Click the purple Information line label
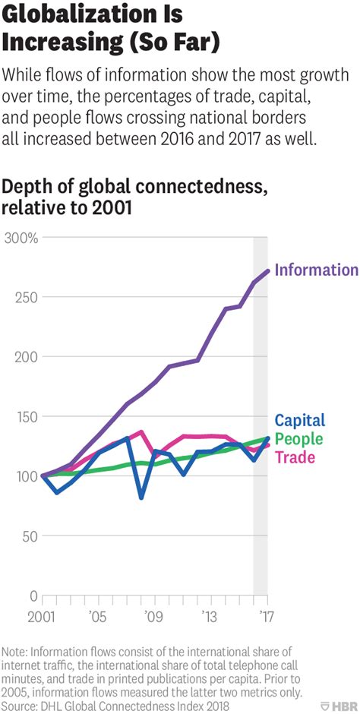tap(316, 270)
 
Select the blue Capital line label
tap(299, 420)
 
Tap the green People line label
tap(298, 439)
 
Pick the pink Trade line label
tap(294, 457)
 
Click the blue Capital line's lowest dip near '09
tap(141, 498)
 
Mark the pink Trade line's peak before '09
tap(141, 431)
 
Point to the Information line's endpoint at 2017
tap(267, 270)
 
